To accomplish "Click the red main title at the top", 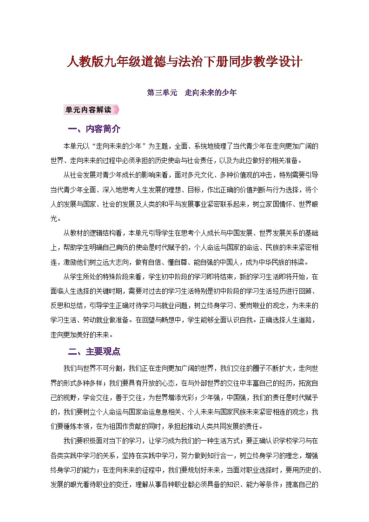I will click(185, 61).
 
